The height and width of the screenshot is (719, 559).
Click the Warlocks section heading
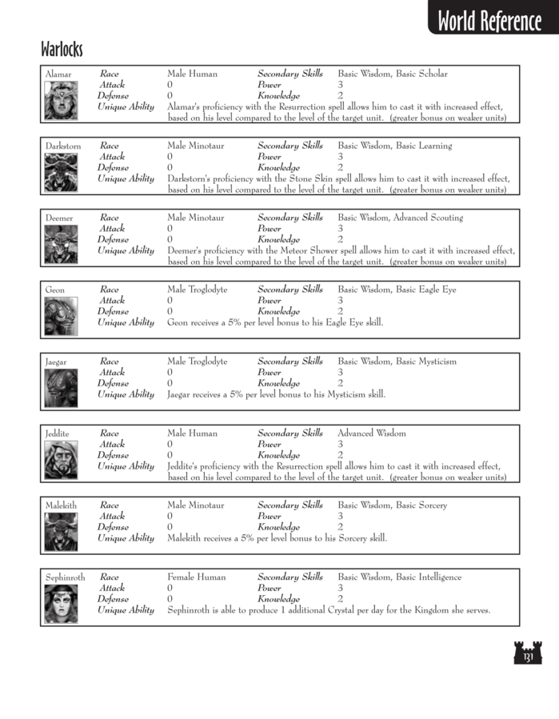pyautogui.click(x=62, y=50)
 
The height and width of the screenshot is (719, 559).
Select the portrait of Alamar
pyautogui.click(x=61, y=101)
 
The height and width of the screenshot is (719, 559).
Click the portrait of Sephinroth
pyautogui.click(x=61, y=604)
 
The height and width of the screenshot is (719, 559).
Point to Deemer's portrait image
pyautogui.click(x=61, y=245)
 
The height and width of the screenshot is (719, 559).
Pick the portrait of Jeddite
pyautogui.click(x=61, y=461)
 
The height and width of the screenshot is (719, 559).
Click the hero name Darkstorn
pyautogui.click(x=63, y=146)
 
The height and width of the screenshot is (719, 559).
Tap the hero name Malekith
pyautogui.click(x=62, y=505)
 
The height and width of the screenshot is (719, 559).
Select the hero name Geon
pyautogui.click(x=55, y=290)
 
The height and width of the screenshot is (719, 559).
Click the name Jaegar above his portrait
pyautogui.click(x=57, y=361)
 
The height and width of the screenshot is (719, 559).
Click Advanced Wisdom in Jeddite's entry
pyautogui.click(x=372, y=433)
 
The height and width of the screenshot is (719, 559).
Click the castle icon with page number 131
pyautogui.click(x=527, y=653)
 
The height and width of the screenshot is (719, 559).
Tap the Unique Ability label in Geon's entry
pyautogui.click(x=126, y=322)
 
